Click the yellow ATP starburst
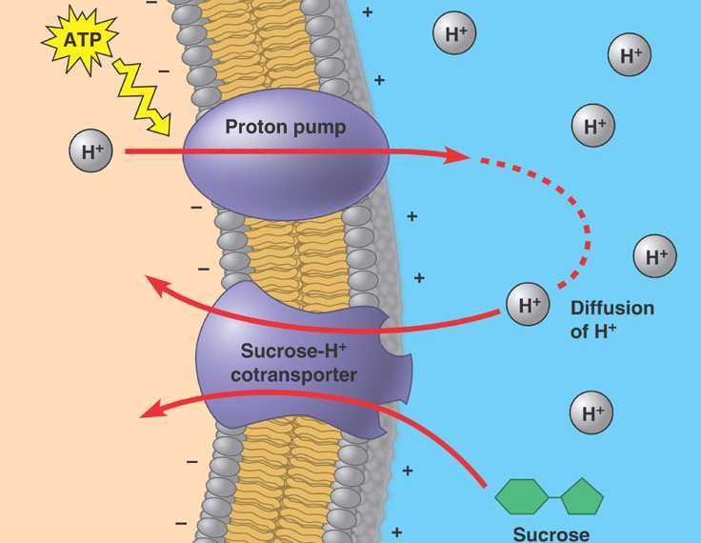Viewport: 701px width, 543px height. [81, 40]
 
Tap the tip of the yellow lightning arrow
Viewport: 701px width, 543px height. [170, 134]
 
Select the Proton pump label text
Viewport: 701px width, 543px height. [285, 127]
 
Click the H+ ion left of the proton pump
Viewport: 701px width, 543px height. [90, 151]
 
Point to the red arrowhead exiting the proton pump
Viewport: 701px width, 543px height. [456, 155]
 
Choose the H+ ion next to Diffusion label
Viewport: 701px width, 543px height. [528, 304]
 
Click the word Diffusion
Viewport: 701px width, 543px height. [612, 309]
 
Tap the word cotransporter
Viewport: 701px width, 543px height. [293, 374]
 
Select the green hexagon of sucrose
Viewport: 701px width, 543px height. [522, 496]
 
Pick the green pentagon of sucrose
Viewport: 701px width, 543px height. [582, 497]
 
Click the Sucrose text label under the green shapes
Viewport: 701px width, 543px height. [551, 534]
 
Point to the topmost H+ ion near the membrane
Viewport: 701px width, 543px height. [454, 33]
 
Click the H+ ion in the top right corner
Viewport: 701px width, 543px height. [630, 54]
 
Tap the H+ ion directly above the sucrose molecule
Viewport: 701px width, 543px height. [591, 412]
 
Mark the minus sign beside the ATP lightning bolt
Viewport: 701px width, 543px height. [164, 71]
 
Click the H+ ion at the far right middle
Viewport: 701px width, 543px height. [655, 256]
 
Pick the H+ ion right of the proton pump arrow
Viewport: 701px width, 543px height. [593, 125]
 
